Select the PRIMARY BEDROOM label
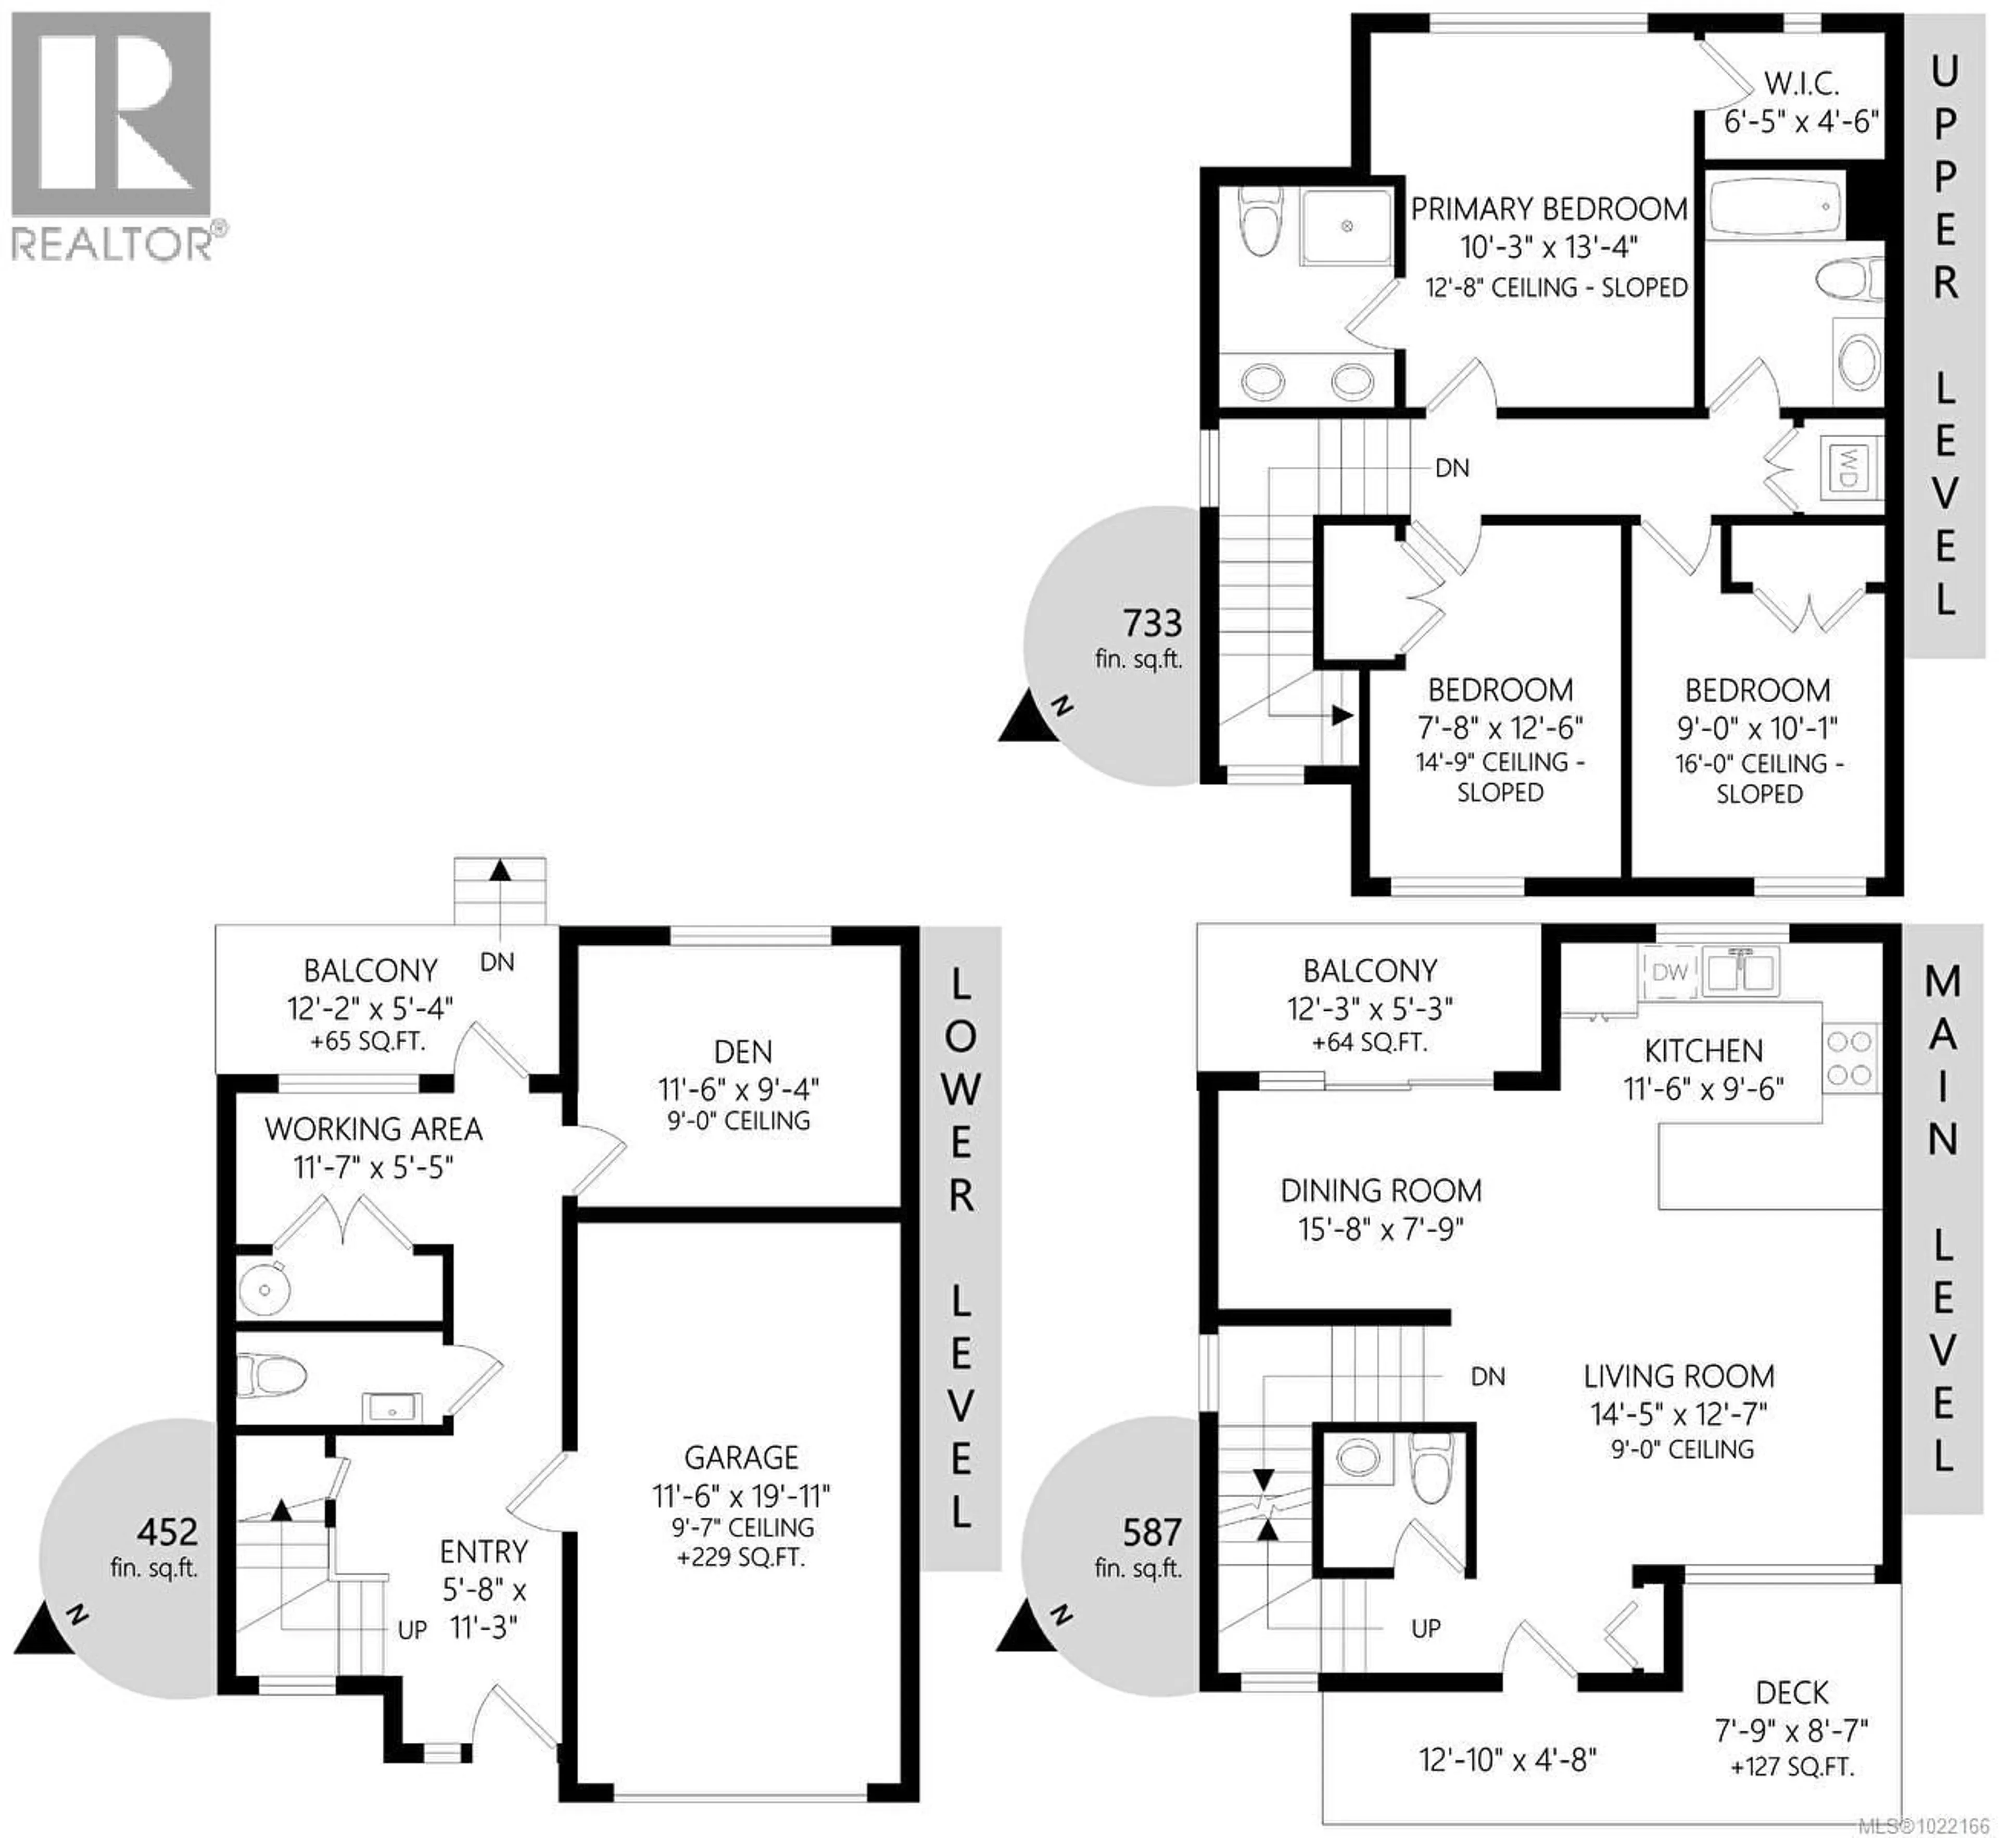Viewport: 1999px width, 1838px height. tap(1549, 209)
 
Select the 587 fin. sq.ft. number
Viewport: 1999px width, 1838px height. tap(1152, 1532)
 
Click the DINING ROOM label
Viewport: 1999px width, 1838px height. tap(1381, 1190)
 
